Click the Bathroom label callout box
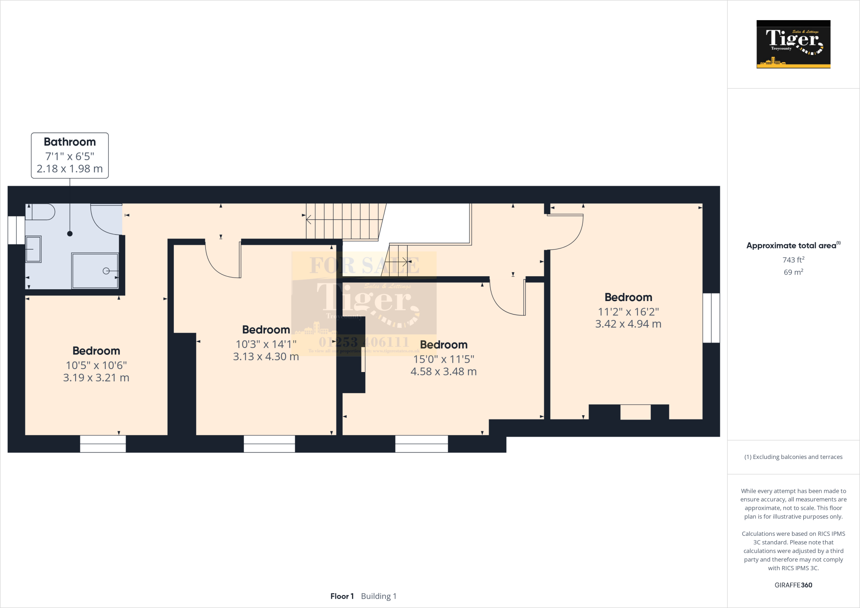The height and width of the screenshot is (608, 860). coord(70,155)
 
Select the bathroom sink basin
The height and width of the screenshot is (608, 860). coord(34,249)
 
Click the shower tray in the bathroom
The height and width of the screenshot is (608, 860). coord(95,271)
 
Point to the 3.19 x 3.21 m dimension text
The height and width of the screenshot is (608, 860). coord(96,378)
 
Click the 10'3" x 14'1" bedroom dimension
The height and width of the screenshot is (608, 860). coord(266,344)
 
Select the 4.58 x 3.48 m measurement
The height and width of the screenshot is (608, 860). coord(443,372)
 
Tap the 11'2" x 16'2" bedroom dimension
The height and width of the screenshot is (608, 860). coord(628,312)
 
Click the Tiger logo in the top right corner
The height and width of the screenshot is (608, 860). coord(793,44)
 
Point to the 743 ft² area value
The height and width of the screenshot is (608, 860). coord(793,260)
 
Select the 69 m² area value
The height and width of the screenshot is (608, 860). coord(793,272)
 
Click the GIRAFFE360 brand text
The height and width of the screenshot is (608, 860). coord(793,585)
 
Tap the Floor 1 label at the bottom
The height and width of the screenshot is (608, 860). coord(342,596)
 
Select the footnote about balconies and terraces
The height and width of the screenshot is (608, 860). coord(793,457)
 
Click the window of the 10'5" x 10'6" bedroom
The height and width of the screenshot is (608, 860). coord(103,444)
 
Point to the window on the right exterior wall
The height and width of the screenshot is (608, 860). coord(711,318)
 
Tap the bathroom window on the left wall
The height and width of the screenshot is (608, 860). coord(16,230)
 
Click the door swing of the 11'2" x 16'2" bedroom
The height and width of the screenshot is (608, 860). coord(567,231)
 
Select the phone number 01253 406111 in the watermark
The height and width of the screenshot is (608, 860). coord(364,342)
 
